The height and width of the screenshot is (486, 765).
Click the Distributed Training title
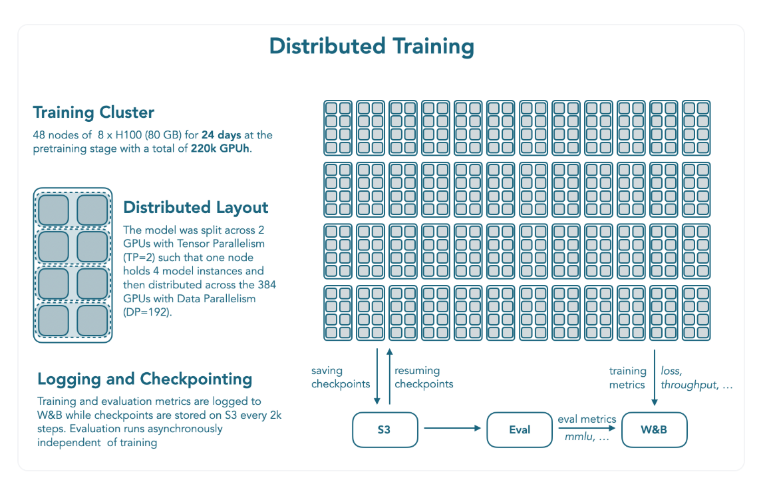point(371,47)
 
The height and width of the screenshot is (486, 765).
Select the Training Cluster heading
point(94,112)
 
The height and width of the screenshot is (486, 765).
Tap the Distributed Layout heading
point(196,207)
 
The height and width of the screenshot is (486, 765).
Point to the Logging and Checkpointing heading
point(145,379)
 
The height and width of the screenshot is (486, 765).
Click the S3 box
point(384,429)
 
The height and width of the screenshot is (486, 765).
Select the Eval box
point(520,429)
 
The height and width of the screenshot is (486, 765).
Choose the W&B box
point(654,429)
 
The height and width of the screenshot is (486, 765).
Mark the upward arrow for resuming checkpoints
point(390,376)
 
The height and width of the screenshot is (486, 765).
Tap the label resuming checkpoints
point(424,377)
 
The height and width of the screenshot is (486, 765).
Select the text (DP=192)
point(148,312)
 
